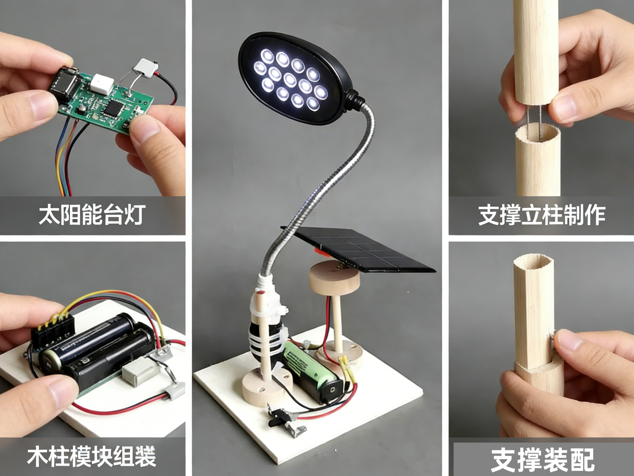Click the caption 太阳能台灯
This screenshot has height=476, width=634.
[x=92, y=215]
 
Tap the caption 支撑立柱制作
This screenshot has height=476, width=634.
[x=542, y=215]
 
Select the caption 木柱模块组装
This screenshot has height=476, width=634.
[x=91, y=456]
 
